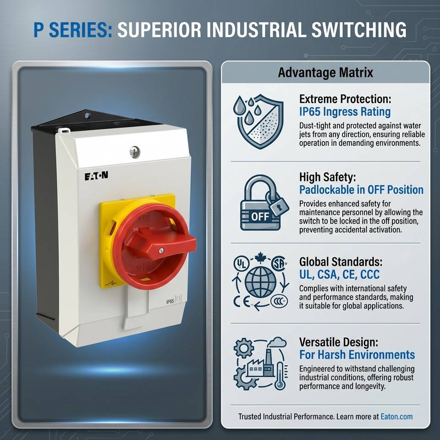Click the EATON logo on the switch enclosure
click(x=96, y=176)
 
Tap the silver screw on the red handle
click(x=161, y=251)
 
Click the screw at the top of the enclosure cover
click(x=134, y=152)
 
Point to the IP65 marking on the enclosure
click(x=170, y=302)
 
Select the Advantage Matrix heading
click(x=325, y=72)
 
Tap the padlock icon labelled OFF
click(x=264, y=203)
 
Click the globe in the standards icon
click(x=260, y=282)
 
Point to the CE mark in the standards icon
click(x=242, y=302)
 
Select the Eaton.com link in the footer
click(x=396, y=417)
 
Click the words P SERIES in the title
click(x=72, y=30)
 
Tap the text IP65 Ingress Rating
click(x=345, y=112)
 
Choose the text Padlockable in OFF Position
click(x=362, y=190)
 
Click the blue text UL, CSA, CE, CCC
click(x=340, y=275)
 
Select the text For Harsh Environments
click(x=357, y=355)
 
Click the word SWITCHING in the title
click(x=359, y=30)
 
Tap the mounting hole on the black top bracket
click(x=88, y=115)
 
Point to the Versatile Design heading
click(x=339, y=342)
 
